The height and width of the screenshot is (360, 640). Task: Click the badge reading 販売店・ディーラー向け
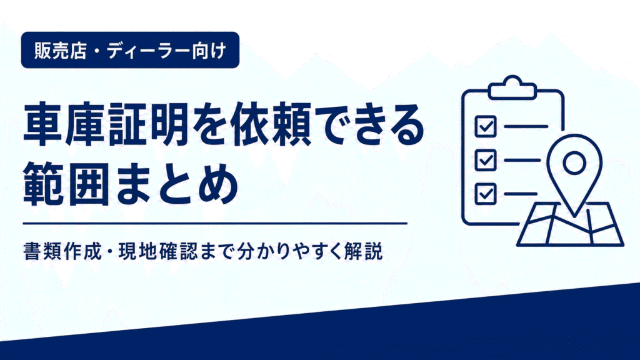130,50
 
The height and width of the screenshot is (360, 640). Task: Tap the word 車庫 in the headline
64,125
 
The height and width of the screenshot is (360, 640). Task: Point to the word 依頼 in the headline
272,125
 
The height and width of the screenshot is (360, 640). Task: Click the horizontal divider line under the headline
215,224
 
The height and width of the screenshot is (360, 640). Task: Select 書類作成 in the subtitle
62,251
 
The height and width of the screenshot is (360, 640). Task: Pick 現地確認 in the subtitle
157,251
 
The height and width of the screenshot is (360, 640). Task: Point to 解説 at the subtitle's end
363,251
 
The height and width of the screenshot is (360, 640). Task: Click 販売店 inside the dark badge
61,51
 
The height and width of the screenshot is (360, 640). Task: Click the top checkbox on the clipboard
486,126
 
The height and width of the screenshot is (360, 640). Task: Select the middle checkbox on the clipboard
486,160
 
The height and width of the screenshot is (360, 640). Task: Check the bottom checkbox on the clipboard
486,194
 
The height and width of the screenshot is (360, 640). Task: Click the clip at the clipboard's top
512,87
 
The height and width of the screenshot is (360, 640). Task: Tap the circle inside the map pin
574,163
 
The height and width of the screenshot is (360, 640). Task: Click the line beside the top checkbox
526,126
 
